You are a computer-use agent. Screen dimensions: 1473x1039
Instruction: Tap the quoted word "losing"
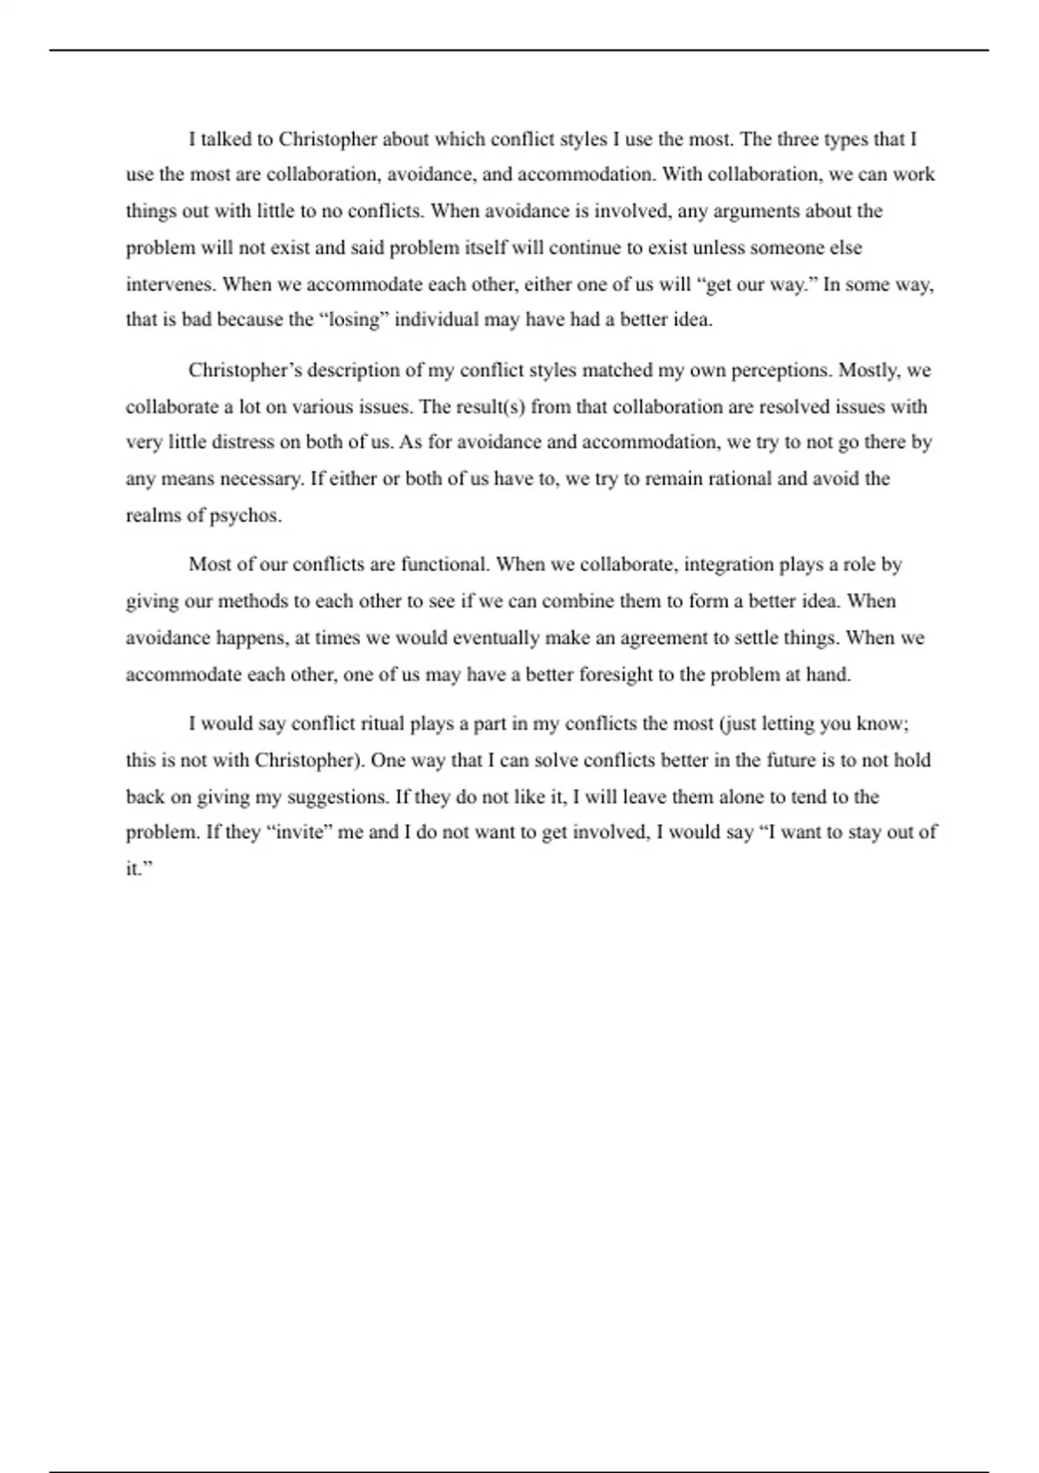354,320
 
